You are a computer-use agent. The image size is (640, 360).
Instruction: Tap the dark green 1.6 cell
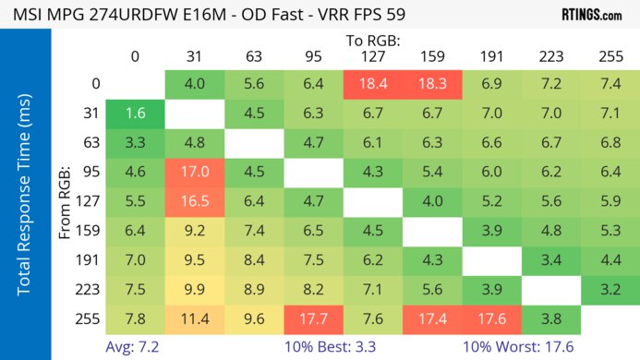click(x=136, y=114)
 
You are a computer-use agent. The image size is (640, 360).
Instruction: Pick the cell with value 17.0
click(x=195, y=171)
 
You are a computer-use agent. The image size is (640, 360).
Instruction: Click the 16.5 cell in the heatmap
click(x=195, y=199)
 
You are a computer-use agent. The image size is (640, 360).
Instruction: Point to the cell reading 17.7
click(x=314, y=319)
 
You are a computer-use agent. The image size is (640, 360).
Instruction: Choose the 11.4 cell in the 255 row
click(x=195, y=319)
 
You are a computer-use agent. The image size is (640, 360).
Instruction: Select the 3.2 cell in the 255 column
click(x=610, y=290)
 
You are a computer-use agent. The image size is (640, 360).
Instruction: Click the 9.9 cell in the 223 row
click(x=195, y=290)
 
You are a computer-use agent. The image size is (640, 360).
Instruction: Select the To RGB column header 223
click(x=551, y=55)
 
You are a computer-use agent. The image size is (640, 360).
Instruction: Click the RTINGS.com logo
click(x=591, y=15)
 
